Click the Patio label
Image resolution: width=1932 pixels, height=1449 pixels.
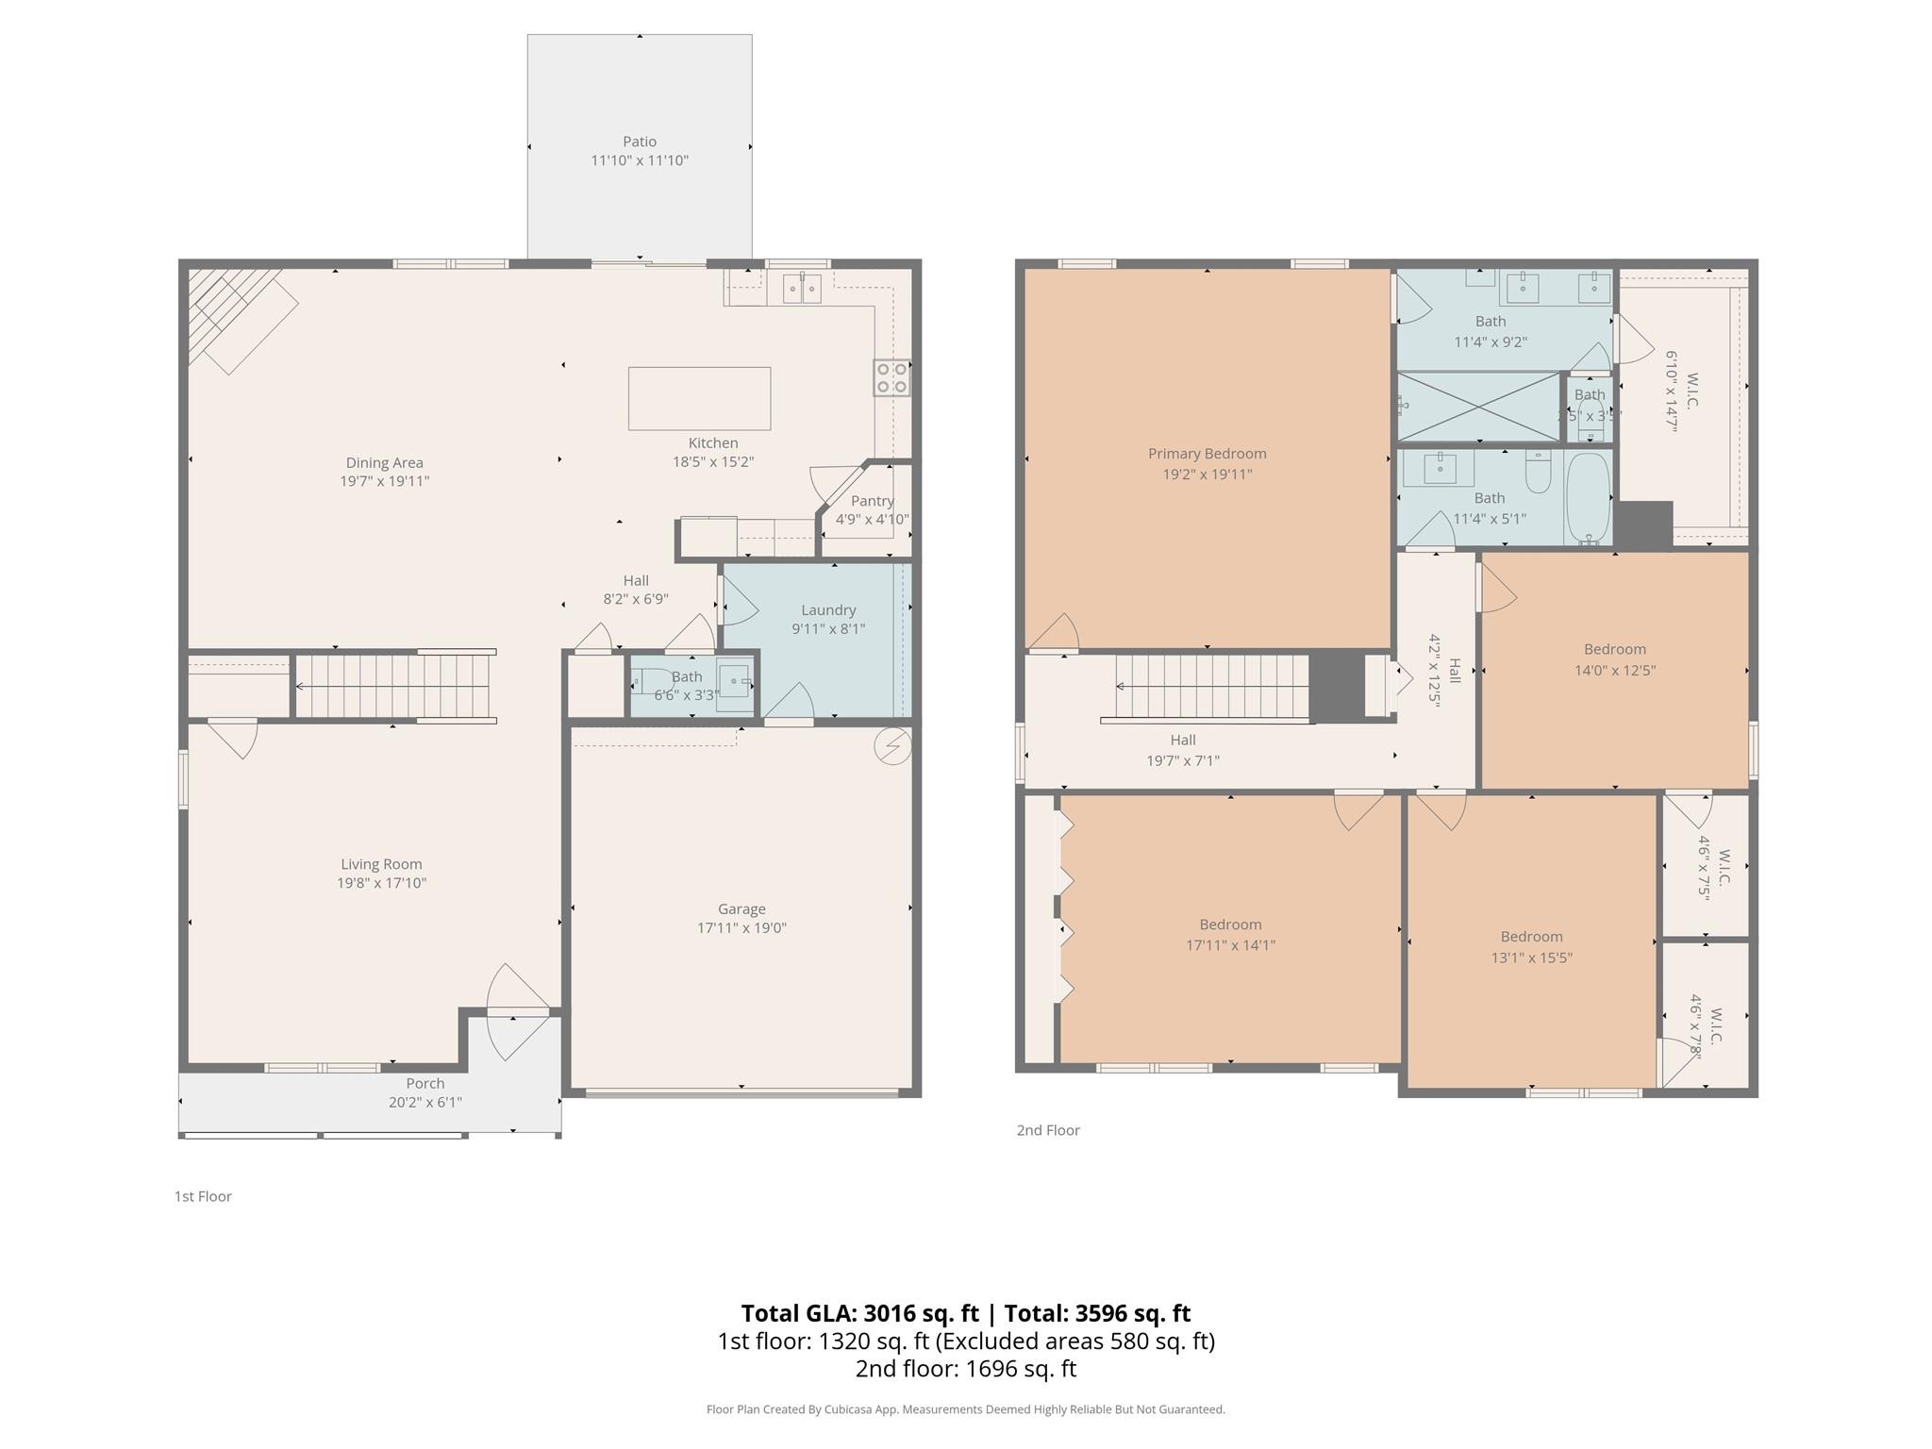tap(639, 142)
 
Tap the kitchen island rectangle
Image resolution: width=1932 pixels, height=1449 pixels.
tap(699, 398)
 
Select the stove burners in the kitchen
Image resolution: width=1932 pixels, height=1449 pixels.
tap(891, 377)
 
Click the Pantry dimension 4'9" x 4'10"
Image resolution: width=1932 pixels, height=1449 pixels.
tap(872, 519)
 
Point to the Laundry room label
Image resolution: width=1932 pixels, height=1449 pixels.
tap(828, 610)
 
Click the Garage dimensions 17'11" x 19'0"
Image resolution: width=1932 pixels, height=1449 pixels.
tap(741, 927)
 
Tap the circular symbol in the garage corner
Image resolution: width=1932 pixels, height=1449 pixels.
tap(892, 746)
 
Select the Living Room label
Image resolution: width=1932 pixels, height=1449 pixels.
tap(381, 864)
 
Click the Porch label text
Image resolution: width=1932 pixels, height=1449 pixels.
tap(425, 1083)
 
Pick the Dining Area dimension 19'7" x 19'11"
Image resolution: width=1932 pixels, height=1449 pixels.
tap(384, 481)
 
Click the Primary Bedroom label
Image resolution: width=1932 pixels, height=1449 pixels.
tap(1207, 454)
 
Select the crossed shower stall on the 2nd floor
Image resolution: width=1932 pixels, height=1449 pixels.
tap(1477, 407)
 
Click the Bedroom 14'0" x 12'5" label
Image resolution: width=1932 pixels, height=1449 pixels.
tap(1614, 649)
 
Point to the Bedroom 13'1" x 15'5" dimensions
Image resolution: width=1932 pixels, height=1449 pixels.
tap(1531, 958)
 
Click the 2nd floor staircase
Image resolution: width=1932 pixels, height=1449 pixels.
tap(1212, 686)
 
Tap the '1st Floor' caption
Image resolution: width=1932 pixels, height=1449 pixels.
tap(203, 1196)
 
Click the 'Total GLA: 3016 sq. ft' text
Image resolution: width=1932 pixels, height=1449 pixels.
tap(859, 1313)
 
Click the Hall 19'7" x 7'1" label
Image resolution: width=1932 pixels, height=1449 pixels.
tap(1182, 741)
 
